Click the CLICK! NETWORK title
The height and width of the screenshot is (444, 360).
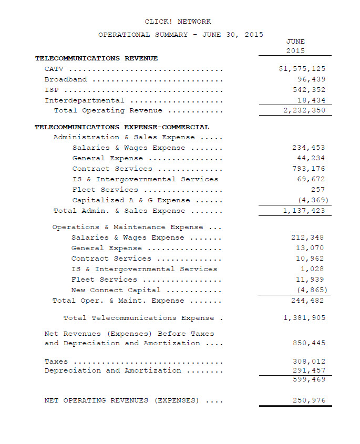coord(178,22)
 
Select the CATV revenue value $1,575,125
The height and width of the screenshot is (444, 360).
coord(302,69)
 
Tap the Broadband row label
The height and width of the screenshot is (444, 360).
coord(66,79)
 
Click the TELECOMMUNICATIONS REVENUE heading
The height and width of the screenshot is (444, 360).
coord(96,58)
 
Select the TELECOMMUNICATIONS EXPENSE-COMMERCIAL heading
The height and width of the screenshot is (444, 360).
coord(122,127)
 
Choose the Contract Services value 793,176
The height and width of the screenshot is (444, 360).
coord(308,169)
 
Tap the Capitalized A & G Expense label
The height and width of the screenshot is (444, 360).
coord(132,200)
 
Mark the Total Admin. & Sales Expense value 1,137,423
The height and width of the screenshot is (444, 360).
coord(304,211)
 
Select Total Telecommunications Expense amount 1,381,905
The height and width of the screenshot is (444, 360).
coord(304,318)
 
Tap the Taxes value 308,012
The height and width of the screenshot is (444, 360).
coord(308,361)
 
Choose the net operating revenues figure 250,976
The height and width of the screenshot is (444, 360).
coord(308,400)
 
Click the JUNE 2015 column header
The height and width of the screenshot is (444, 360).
coord(295,46)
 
